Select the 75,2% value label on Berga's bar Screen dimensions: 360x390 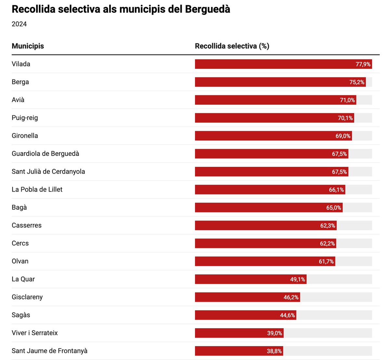coord(357,82)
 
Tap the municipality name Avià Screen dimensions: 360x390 coord(18,100)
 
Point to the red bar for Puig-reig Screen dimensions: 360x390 coord(266,118)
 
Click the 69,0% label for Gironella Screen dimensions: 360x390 coord(343,136)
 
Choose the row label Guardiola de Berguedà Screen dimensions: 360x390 coord(45,153)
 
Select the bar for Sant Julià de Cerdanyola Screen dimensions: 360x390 coord(263,172)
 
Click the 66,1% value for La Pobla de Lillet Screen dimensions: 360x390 coord(336,190)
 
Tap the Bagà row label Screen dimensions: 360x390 coord(19,207)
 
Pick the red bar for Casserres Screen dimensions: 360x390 coord(257,225)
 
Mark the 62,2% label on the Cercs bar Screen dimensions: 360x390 coord(327,244)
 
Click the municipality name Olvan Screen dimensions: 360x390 coord(20,261)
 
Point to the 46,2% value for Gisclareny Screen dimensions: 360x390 coord(291,297)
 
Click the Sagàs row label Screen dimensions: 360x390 coord(21,315)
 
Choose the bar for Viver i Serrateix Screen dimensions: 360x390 coord(231,333)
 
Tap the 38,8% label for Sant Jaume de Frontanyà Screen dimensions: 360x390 coord(274,351)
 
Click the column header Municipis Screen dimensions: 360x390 coord(28,46)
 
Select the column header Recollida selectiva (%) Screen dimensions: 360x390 coord(232,46)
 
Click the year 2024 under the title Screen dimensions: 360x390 coord(19,24)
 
